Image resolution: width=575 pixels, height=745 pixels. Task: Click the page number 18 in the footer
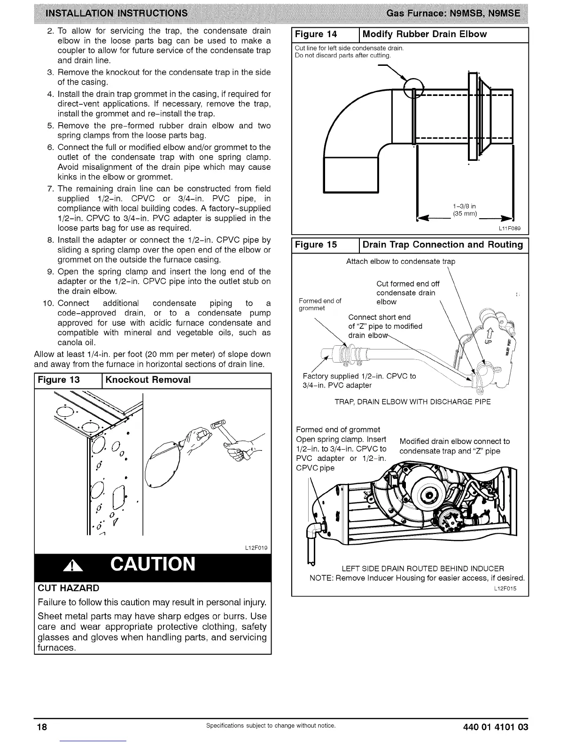tap(42, 727)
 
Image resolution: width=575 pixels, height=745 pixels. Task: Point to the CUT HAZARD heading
tap(68, 588)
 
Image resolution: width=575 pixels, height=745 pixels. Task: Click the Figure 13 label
tap(59, 380)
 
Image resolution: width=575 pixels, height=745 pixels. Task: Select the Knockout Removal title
tap(148, 380)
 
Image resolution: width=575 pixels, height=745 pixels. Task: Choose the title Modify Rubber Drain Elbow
tap(425, 34)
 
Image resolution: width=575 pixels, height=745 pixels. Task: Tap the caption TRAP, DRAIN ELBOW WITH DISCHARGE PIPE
tap(412, 402)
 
